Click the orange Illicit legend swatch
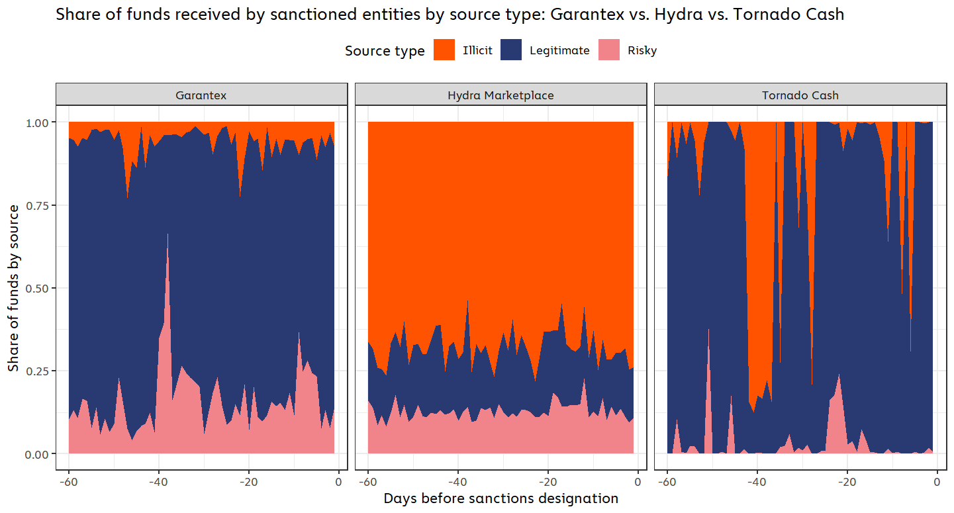444,50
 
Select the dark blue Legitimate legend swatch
511,50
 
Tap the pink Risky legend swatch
609,50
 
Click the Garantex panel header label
201,95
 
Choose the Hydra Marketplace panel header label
501,95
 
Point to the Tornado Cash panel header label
800,95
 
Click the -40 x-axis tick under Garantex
158,481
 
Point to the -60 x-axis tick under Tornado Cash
667,481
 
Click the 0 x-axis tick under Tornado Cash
937,481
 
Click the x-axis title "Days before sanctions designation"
501,498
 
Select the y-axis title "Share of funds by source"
14,288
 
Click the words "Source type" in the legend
385,51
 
